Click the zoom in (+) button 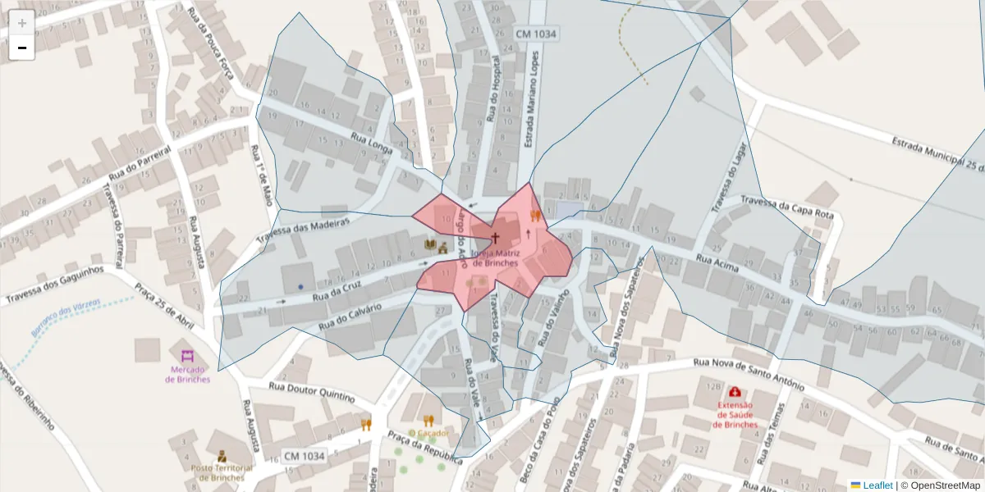[22, 23]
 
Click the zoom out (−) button [22, 48]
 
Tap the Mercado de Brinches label [187, 374]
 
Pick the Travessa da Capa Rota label [786, 207]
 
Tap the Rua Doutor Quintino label [311, 392]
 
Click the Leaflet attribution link [876, 485]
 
